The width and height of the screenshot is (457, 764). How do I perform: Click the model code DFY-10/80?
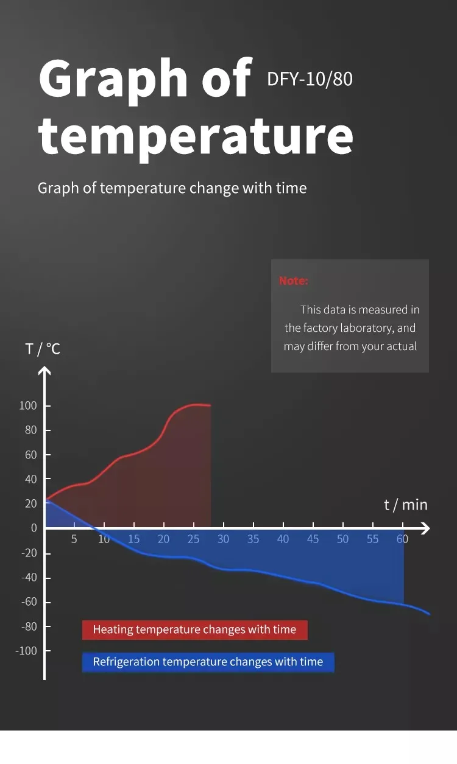click(310, 79)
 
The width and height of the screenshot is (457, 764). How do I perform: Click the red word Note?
click(294, 281)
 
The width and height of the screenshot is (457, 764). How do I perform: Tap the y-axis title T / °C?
click(43, 349)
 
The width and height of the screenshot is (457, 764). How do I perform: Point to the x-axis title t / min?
click(406, 505)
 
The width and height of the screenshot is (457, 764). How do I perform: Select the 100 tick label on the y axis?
click(28, 406)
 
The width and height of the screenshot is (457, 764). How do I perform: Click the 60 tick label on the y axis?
click(30, 455)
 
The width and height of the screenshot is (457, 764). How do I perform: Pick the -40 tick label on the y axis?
click(29, 577)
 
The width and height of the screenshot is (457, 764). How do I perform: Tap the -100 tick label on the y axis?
click(26, 651)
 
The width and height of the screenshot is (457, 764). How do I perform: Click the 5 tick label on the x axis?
click(74, 539)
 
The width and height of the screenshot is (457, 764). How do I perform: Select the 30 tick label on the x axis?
click(224, 539)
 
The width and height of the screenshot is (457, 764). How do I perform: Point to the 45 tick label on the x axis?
click(313, 539)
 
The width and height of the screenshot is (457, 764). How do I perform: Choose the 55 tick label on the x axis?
click(372, 539)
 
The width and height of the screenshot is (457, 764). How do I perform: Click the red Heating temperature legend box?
click(195, 630)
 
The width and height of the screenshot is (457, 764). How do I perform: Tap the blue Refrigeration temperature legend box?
click(208, 662)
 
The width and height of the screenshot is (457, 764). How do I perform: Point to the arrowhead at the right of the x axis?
click(425, 528)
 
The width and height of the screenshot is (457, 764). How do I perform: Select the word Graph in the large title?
click(115, 79)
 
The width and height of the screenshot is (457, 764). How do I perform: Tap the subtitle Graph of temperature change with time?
click(172, 188)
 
